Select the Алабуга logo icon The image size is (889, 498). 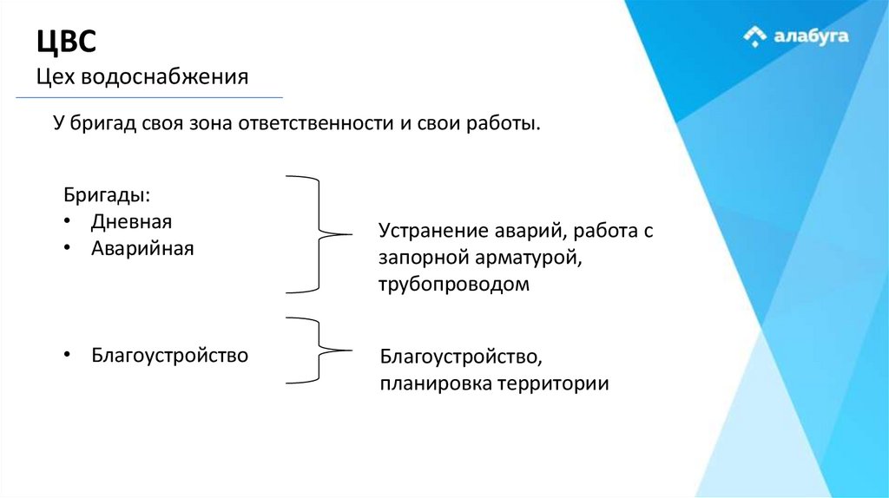coord(754,36)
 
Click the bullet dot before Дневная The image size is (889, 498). coord(69,221)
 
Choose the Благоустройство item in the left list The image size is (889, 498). coord(169,355)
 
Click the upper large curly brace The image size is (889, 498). coord(318,233)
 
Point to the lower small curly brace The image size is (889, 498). coord(318,350)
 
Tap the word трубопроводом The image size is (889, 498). coord(453,285)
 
